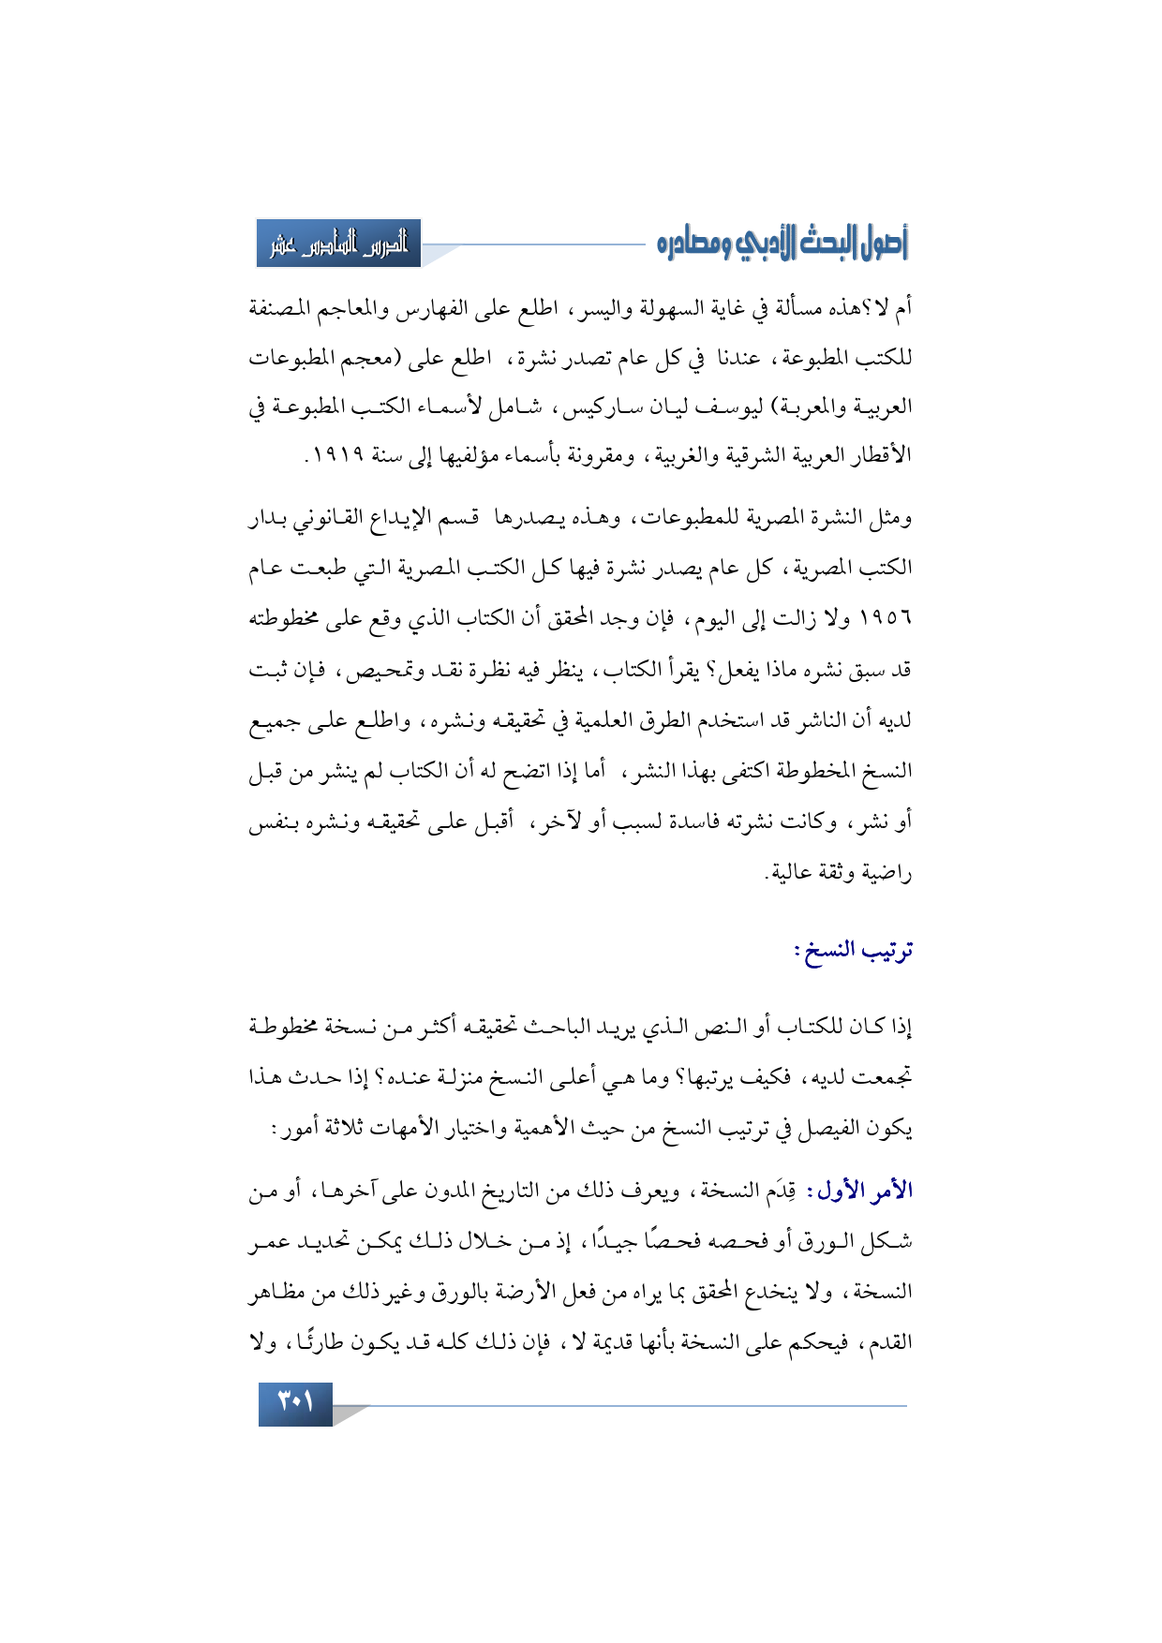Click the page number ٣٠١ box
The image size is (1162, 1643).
295,1405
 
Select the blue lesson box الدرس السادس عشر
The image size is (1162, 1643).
338,244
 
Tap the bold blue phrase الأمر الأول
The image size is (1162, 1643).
864,1191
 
